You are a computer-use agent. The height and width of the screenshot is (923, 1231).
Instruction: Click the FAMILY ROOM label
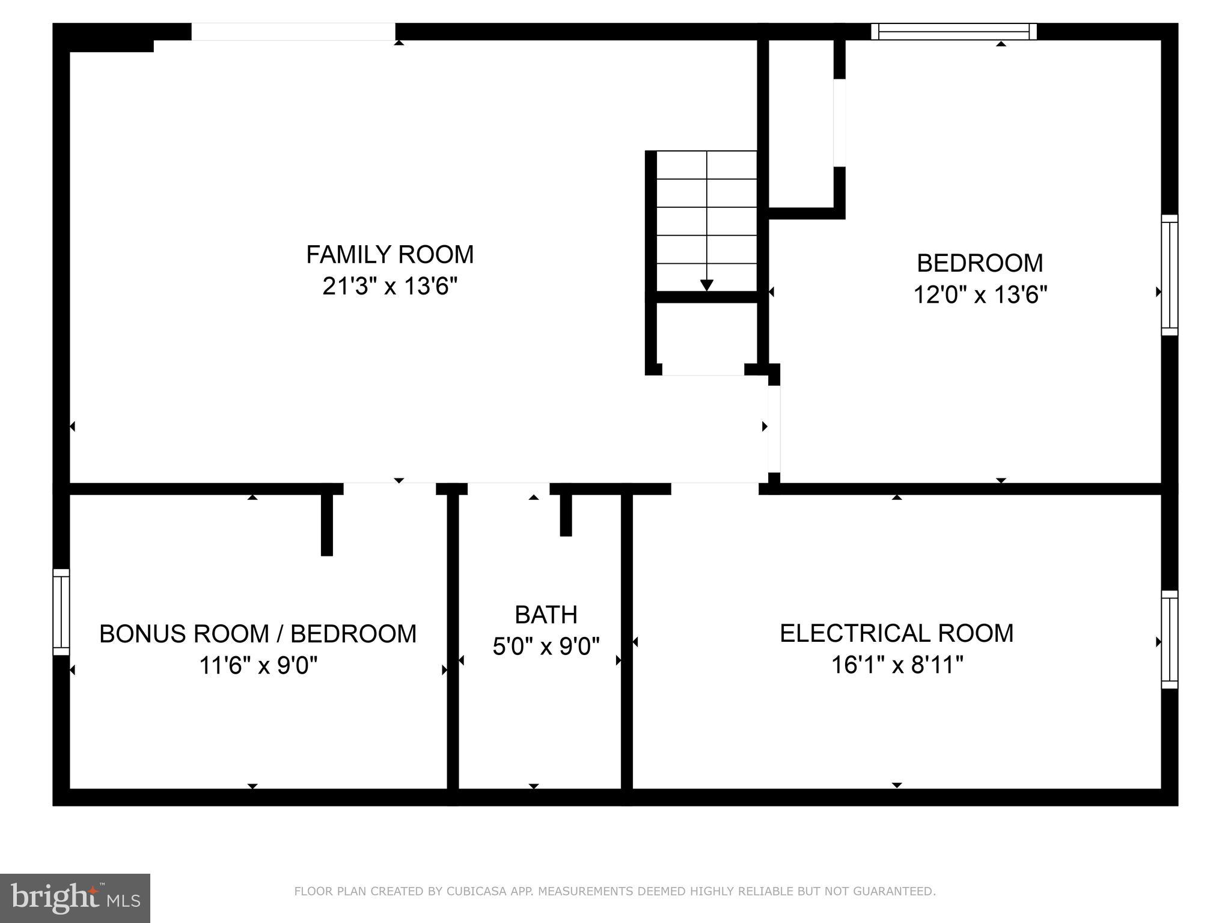click(x=389, y=254)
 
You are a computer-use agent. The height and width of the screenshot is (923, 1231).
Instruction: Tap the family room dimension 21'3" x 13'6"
click(x=389, y=286)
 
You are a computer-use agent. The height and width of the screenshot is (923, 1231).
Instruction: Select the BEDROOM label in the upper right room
click(x=980, y=263)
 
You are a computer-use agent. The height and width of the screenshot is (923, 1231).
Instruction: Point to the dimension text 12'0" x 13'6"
click(x=980, y=295)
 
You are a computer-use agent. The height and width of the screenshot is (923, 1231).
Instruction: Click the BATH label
click(x=546, y=615)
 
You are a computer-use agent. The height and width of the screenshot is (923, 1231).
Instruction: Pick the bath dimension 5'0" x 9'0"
click(x=546, y=647)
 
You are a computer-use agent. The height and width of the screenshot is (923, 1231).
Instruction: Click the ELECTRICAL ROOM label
click(x=896, y=633)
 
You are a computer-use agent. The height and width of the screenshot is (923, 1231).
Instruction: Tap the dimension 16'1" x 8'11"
click(x=896, y=665)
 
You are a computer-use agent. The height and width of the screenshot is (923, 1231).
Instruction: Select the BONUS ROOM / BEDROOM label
click(x=258, y=634)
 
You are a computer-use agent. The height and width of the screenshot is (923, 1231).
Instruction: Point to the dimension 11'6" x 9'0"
click(x=258, y=666)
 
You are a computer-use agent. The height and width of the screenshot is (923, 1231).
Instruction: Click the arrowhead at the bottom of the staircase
click(x=707, y=285)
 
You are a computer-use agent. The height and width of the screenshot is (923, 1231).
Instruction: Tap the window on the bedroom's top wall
click(x=954, y=31)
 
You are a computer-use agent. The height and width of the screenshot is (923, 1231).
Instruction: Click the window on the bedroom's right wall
click(x=1169, y=275)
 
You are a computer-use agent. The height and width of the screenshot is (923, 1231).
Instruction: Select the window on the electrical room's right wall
click(x=1169, y=639)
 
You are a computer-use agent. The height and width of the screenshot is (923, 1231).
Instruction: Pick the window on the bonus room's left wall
click(x=61, y=612)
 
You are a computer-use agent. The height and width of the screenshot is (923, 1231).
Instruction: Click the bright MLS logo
click(x=75, y=898)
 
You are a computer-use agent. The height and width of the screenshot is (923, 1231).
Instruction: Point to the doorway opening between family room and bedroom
click(x=774, y=428)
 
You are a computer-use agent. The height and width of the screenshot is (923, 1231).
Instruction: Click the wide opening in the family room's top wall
click(x=293, y=32)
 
